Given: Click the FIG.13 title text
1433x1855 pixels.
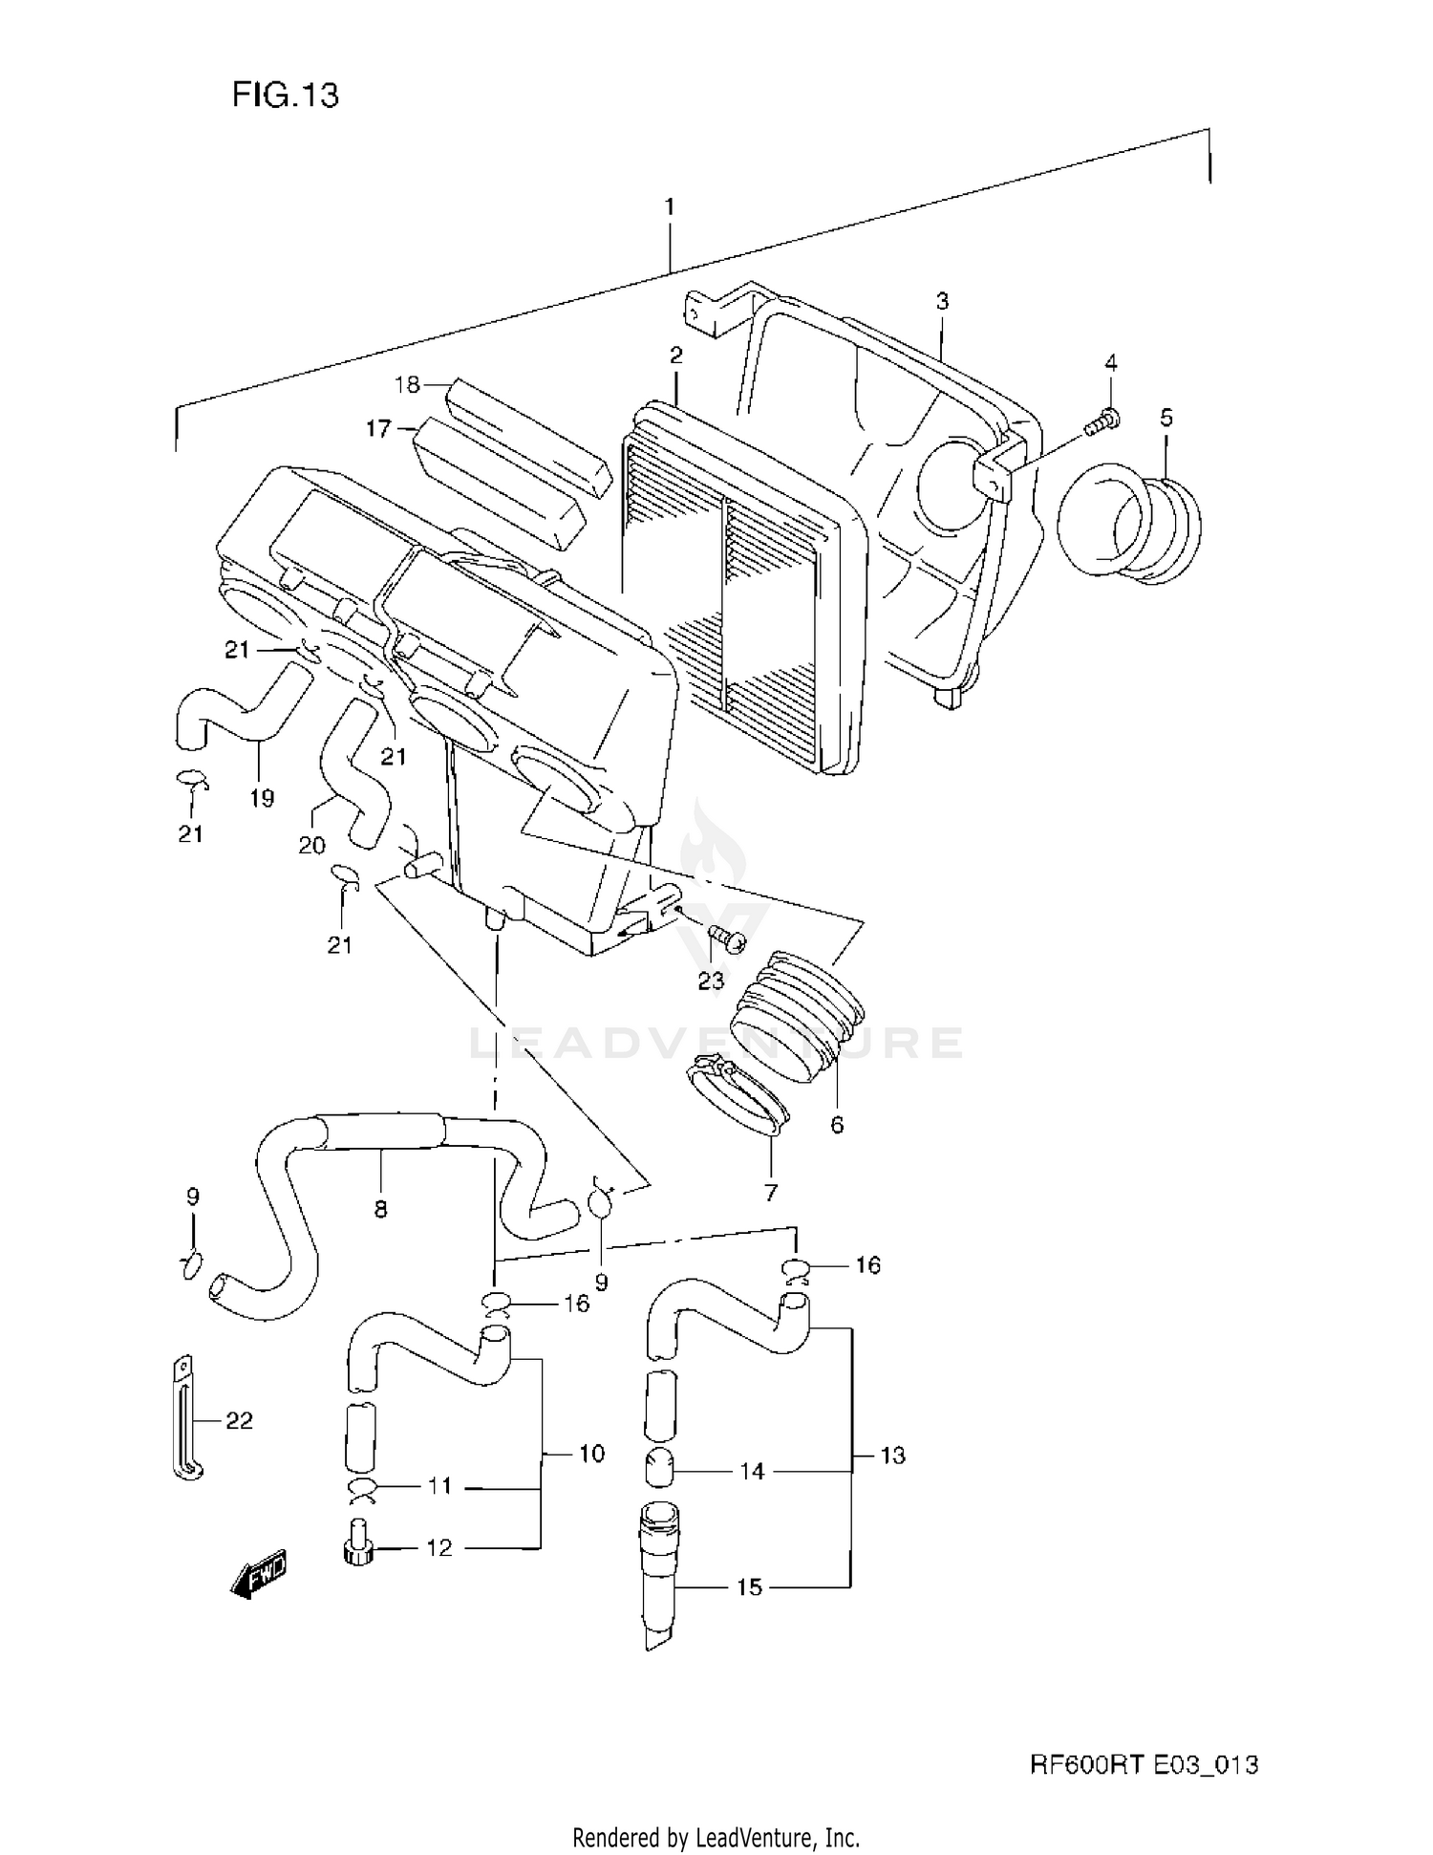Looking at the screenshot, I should point(285,95).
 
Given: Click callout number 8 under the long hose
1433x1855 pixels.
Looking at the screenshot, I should point(380,1210).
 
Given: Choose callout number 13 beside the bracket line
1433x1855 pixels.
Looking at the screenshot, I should point(892,1456).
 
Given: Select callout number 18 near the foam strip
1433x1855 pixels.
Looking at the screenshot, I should point(407,385).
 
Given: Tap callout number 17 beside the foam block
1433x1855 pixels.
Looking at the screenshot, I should point(378,429).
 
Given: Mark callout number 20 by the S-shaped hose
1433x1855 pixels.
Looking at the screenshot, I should point(311,845).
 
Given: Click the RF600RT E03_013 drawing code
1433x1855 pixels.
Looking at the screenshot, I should point(1143,1764).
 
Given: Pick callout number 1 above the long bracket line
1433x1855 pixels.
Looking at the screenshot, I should point(670,206).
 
